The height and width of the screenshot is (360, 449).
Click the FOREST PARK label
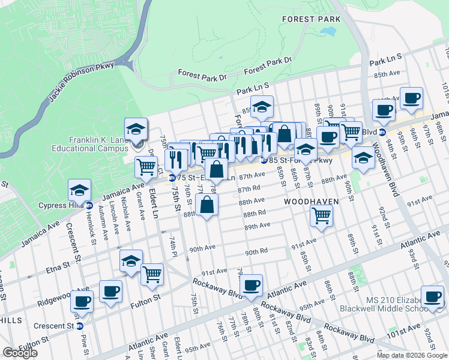[x=311, y=19]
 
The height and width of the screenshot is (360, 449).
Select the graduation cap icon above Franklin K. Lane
[x=136, y=129]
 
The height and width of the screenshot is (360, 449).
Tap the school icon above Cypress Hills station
[x=79, y=190]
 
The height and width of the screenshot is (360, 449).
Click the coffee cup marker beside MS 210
[x=432, y=296]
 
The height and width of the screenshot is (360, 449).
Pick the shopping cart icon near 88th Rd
[x=322, y=215]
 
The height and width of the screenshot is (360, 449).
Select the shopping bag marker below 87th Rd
[x=207, y=205]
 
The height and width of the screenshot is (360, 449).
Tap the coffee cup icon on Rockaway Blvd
[x=251, y=285]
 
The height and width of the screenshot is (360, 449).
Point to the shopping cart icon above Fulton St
[x=152, y=274]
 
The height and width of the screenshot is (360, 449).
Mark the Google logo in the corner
[x=20, y=353]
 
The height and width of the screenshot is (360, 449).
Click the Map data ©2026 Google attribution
[x=412, y=355]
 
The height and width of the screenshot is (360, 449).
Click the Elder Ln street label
[x=153, y=195]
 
